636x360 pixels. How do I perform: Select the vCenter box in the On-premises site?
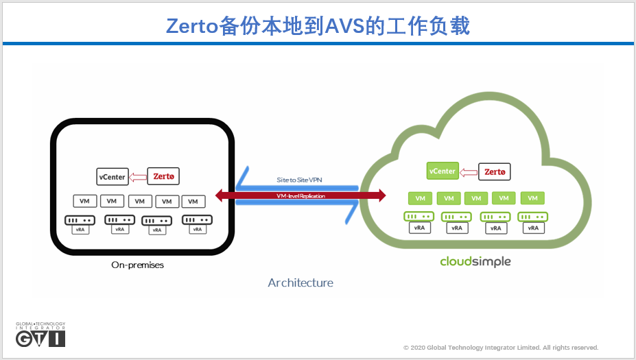(112, 177)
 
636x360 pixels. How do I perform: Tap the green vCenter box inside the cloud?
(442, 171)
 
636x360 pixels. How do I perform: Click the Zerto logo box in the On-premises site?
(163, 176)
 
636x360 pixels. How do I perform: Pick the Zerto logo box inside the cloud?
(495, 171)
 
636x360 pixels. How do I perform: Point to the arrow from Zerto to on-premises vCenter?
(137, 177)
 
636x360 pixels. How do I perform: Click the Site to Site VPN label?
(299, 180)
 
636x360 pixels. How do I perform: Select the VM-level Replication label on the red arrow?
(300, 196)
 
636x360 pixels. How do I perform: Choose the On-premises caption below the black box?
(138, 265)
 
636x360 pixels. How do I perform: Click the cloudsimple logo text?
(475, 261)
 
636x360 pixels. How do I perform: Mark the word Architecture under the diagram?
(301, 283)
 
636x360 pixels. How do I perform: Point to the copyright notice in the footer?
(501, 348)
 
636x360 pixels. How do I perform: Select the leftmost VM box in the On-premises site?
(85, 202)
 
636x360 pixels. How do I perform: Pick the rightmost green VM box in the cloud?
(532, 198)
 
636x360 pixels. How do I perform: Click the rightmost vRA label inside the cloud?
(532, 227)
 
